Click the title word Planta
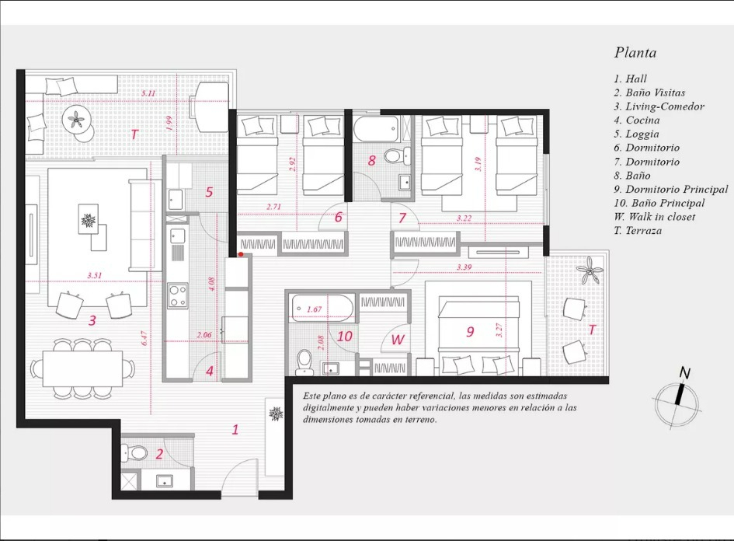(635, 53)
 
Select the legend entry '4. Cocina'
(636, 120)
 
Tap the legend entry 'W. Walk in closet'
(654, 217)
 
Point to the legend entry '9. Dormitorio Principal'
(670, 189)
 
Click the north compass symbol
(678, 399)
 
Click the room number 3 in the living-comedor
(92, 319)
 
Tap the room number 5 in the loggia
(208, 192)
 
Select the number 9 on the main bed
(470, 332)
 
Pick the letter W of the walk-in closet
(398, 339)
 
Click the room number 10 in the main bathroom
(345, 336)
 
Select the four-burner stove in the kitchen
(178, 295)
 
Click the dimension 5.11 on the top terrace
(148, 94)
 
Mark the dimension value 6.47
(144, 339)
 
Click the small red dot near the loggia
(241, 254)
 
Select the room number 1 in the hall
(235, 428)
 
